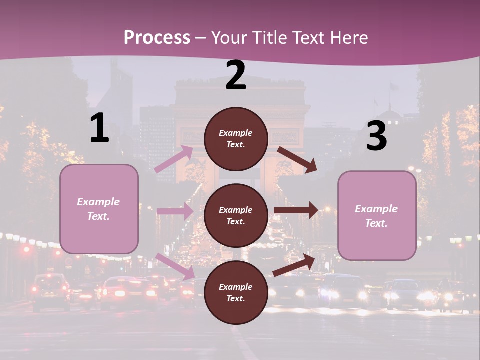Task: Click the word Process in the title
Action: click(x=157, y=38)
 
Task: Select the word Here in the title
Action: click(x=348, y=38)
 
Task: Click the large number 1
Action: click(x=99, y=128)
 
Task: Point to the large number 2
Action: click(x=236, y=75)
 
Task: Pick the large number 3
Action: click(x=376, y=136)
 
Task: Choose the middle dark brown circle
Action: click(x=236, y=215)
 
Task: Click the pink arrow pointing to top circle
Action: click(x=174, y=159)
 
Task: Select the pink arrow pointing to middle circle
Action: click(x=175, y=211)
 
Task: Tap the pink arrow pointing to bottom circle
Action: click(x=175, y=266)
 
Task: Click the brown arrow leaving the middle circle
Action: click(x=296, y=210)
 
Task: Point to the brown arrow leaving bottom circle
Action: click(x=294, y=265)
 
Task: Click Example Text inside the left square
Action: click(x=98, y=209)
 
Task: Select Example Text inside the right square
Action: click(x=376, y=216)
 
